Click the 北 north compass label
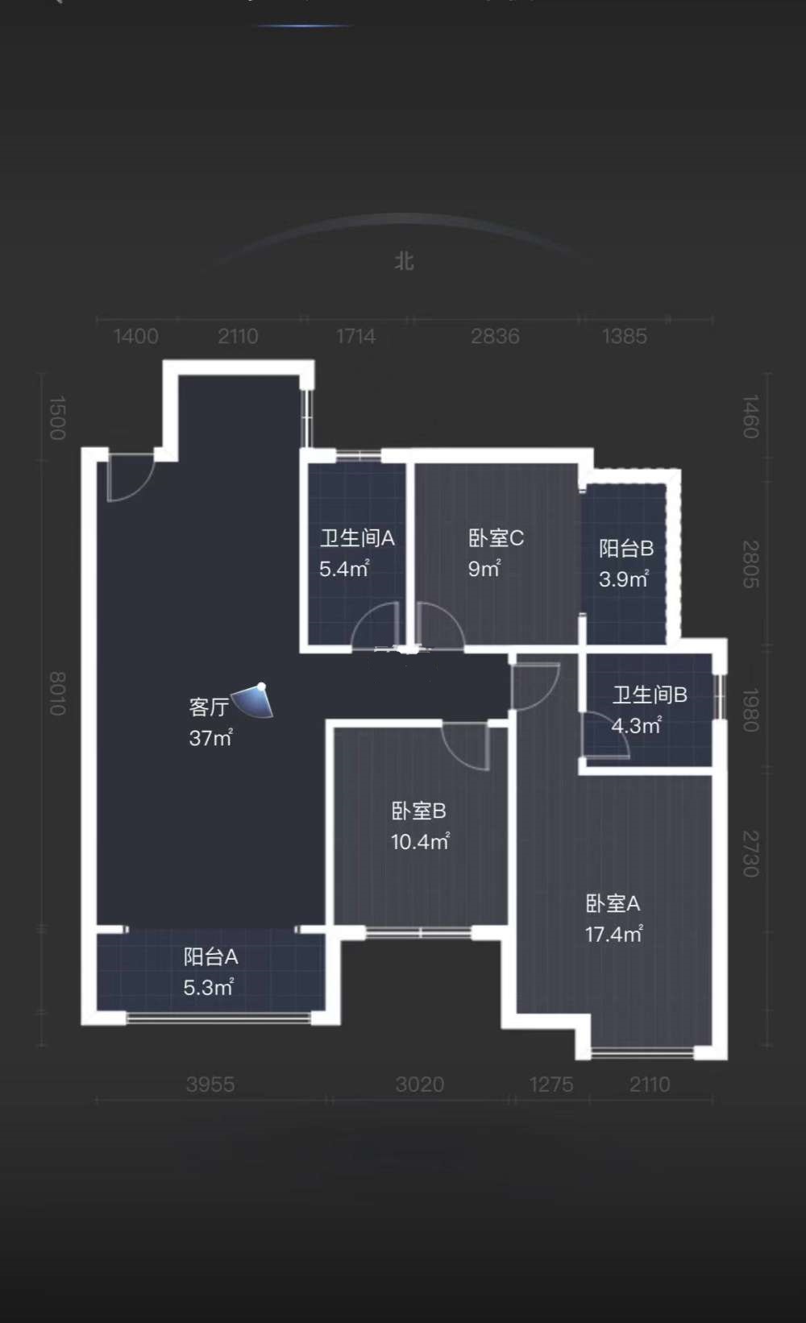click(x=404, y=261)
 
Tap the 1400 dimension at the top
click(x=135, y=336)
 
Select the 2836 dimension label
click(x=495, y=336)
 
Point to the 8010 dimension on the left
click(x=57, y=693)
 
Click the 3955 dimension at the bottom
click(x=210, y=1085)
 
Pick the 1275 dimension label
click(x=551, y=1085)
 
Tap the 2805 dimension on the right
click(x=750, y=564)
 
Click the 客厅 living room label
click(x=209, y=707)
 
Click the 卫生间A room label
click(x=357, y=538)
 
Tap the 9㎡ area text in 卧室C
click(x=484, y=569)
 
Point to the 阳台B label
click(x=626, y=549)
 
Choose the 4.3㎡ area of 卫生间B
click(x=636, y=725)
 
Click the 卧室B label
click(x=418, y=811)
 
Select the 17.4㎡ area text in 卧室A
click(x=613, y=935)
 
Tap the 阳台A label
click(x=210, y=957)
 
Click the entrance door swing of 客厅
click(x=129, y=477)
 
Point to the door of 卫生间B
click(x=604, y=737)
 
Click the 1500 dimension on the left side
click(x=57, y=417)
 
